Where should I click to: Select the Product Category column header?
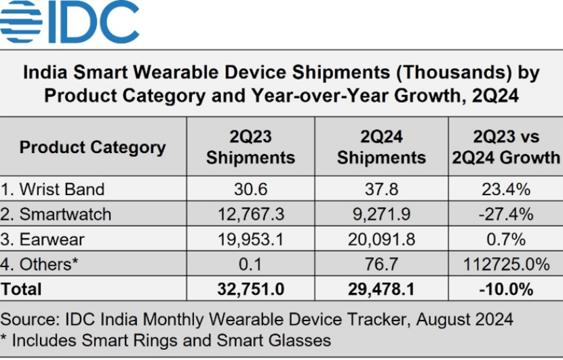[x=92, y=147]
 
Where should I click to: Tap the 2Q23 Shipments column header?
[x=250, y=147]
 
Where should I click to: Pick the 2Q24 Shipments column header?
[x=381, y=147]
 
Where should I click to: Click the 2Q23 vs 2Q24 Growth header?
[x=507, y=147]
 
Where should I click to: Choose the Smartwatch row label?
[x=65, y=214]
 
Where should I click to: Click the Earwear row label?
[x=52, y=239]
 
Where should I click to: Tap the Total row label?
[x=22, y=289]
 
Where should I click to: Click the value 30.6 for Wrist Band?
[x=250, y=189]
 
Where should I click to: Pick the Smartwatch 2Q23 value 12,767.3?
[x=250, y=214]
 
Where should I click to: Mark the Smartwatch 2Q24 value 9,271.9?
[x=381, y=214]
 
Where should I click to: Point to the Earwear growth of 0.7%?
[x=507, y=239]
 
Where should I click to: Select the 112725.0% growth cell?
[x=507, y=264]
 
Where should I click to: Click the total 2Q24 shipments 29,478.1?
[x=381, y=289]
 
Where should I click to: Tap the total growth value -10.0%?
[x=507, y=289]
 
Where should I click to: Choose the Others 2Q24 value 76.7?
[x=381, y=264]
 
